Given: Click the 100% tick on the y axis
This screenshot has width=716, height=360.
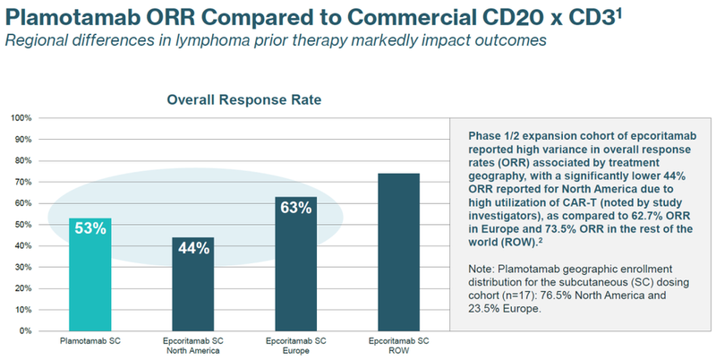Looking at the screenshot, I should [x=21, y=118].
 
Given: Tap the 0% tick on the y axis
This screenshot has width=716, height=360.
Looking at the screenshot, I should [x=25, y=331].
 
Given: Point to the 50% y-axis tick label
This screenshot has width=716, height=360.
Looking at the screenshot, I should [x=23, y=225].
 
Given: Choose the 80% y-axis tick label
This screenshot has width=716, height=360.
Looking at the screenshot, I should [x=23, y=161].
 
